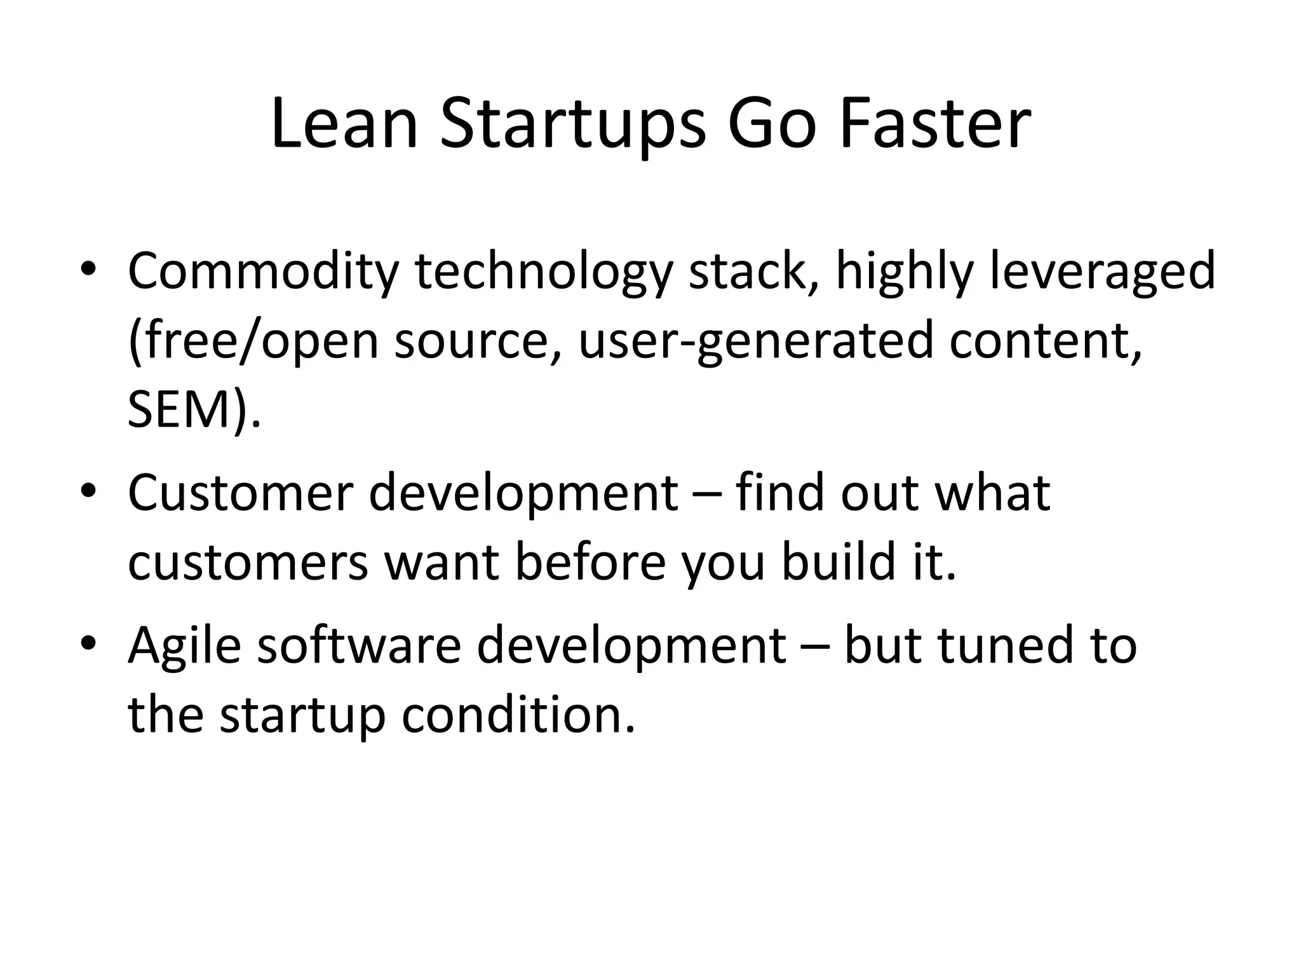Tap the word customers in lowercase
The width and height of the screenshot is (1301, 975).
[x=248, y=564]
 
